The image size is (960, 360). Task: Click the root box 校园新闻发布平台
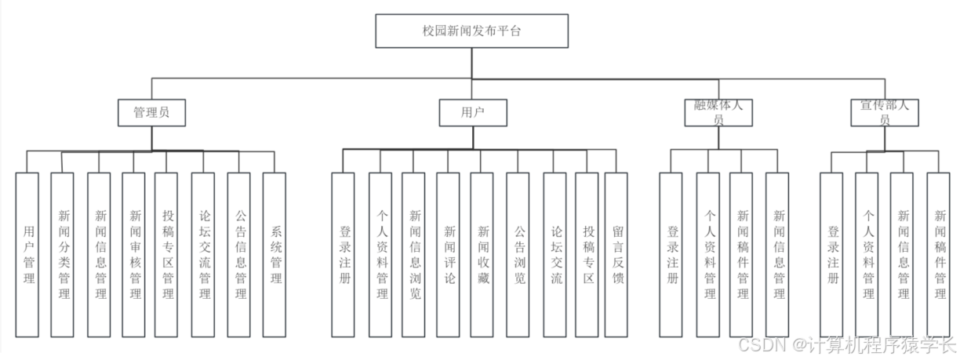click(471, 31)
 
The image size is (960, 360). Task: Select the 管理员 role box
click(151, 112)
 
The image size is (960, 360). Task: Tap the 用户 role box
click(473, 112)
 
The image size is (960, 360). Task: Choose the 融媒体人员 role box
click(718, 113)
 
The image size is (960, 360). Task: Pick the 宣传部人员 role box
click(884, 113)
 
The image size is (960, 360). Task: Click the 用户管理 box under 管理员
click(27, 254)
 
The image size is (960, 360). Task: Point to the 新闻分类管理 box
click(63, 254)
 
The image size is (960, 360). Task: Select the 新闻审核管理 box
click(134, 254)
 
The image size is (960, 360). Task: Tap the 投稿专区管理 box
click(169, 254)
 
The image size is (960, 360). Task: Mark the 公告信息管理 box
click(240, 254)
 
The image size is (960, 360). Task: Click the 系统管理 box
click(275, 254)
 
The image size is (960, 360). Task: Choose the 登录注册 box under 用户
click(344, 254)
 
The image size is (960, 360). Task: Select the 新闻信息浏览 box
click(414, 254)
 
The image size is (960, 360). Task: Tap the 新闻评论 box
click(449, 254)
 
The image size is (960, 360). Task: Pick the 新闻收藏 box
click(483, 254)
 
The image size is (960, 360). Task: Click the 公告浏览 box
click(518, 254)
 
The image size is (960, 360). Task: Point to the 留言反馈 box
click(616, 254)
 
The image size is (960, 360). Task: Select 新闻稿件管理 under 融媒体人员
click(742, 254)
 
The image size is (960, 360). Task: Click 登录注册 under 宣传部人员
click(832, 254)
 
